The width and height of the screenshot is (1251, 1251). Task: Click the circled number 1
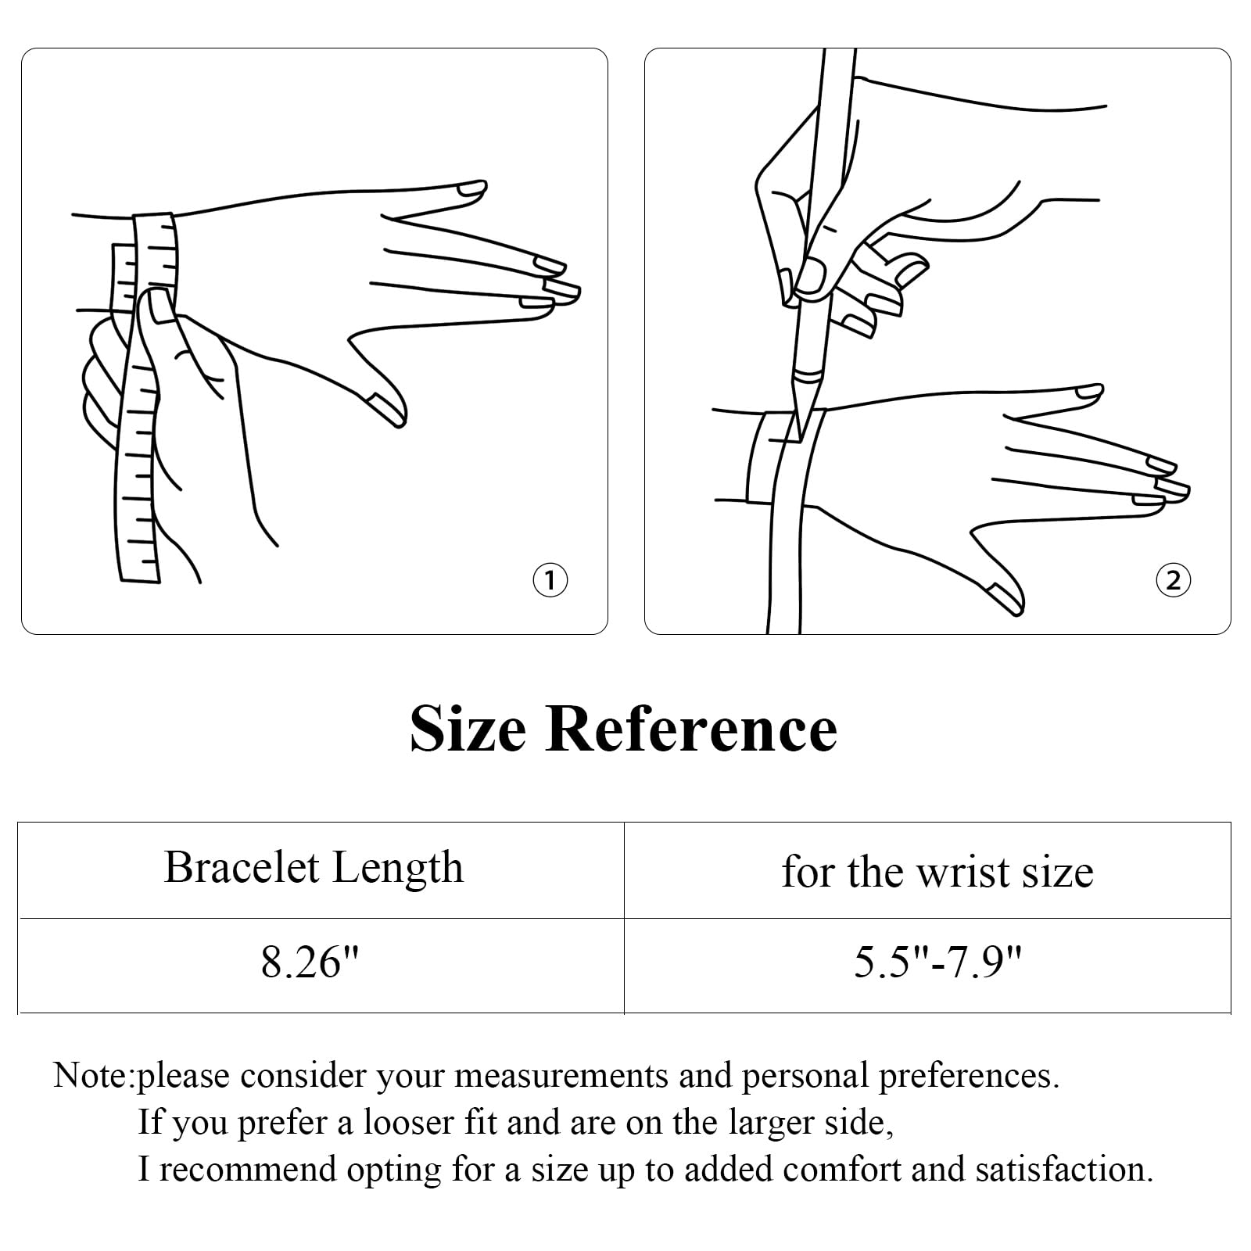pyautogui.click(x=550, y=580)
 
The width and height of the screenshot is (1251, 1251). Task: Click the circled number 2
pyautogui.click(x=1173, y=580)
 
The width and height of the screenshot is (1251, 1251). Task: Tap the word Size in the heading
pyautogui.click(x=468, y=729)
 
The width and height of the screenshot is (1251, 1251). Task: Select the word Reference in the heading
pyautogui.click(x=691, y=729)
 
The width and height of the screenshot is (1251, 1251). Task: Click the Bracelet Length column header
pyautogui.click(x=314, y=868)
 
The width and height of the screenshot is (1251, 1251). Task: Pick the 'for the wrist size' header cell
pyautogui.click(x=937, y=871)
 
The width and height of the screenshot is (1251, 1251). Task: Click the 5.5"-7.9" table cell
pyautogui.click(x=937, y=962)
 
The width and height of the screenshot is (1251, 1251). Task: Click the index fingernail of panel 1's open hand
pyautogui.click(x=471, y=189)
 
